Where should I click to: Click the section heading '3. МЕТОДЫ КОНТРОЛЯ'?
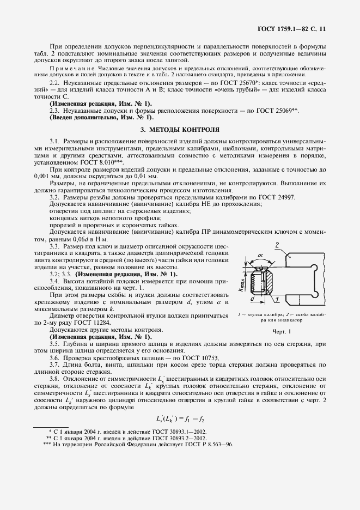coord(180,130)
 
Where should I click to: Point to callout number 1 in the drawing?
coord(277,299)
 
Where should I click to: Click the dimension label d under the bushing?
coord(253,299)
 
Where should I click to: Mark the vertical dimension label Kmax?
coord(241,283)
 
